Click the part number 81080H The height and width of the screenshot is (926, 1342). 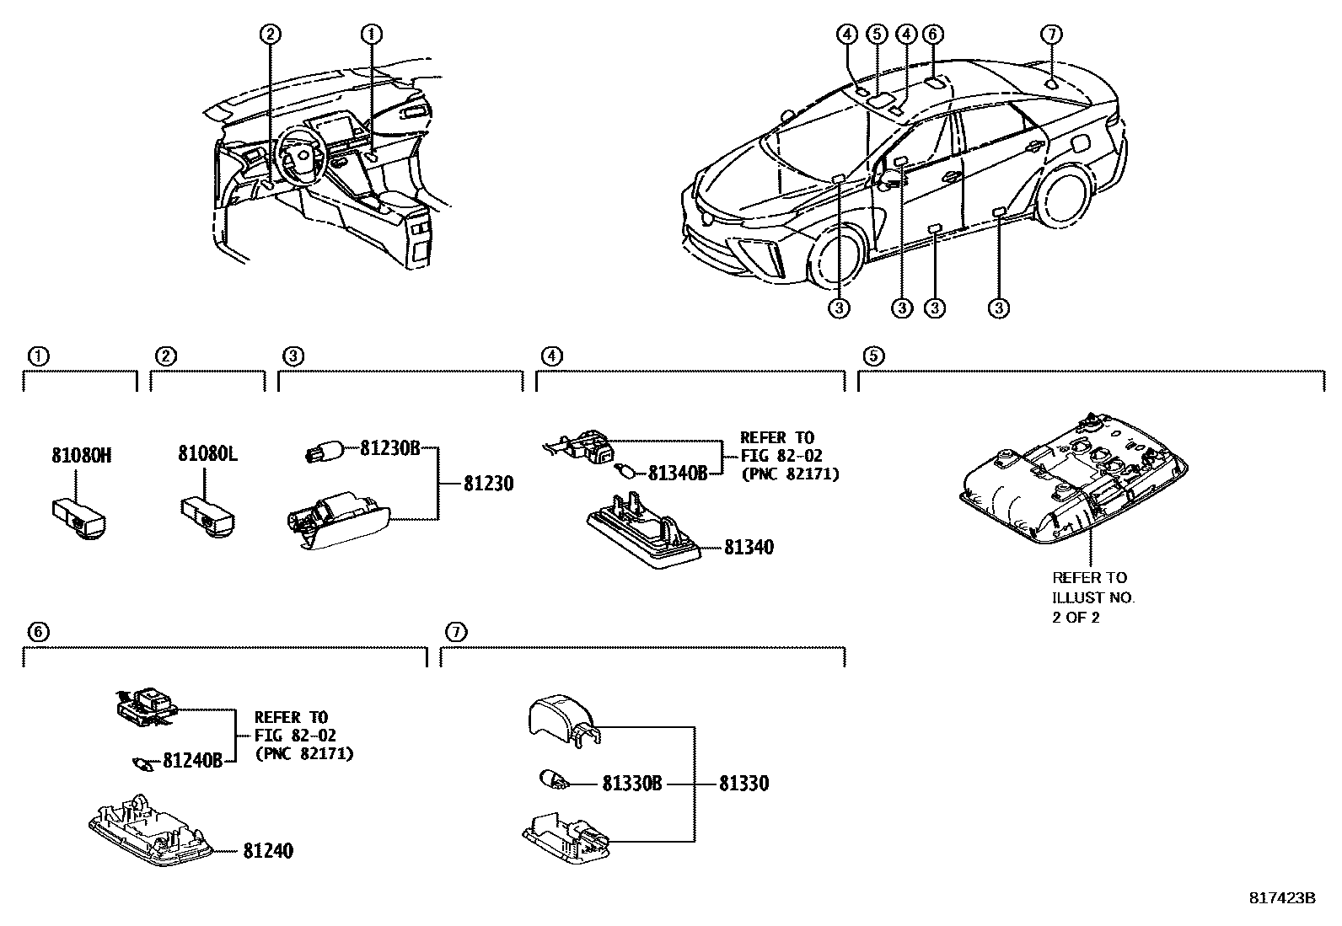coord(81,456)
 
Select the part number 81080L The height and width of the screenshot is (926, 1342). coord(207,454)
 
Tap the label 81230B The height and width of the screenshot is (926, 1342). coord(389,448)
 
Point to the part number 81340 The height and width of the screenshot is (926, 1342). coord(748,547)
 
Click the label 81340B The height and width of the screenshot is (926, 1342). coord(677,473)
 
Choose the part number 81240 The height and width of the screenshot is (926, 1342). coord(268,850)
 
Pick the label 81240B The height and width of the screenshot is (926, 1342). coord(191,761)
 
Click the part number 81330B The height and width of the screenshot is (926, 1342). coord(632,784)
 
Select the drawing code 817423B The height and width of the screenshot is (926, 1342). coord(1281,898)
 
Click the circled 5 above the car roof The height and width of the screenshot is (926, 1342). coord(877,35)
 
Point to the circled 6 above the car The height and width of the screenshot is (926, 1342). coord(932,35)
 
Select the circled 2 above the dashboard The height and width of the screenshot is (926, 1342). coord(270,35)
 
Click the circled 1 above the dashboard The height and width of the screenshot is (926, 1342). coord(372,35)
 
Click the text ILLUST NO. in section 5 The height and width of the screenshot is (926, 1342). coord(1093,597)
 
